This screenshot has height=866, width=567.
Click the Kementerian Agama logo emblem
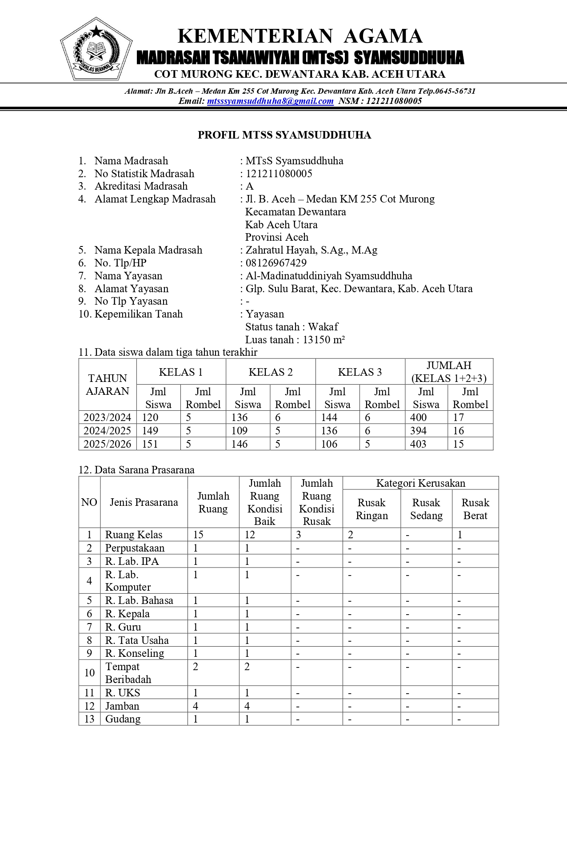point(96,49)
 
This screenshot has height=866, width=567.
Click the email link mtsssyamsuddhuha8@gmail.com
point(270,101)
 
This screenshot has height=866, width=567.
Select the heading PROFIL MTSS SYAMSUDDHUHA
point(284,135)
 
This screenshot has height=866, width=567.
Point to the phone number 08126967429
point(276,263)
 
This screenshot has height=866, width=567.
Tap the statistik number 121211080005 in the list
point(279,174)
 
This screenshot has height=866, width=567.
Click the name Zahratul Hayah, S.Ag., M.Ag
point(311,250)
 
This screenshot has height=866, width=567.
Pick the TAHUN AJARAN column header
point(108,385)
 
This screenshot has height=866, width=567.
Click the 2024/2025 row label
point(108,431)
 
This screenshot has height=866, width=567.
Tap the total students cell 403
point(419,444)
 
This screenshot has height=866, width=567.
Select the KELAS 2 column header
point(271,372)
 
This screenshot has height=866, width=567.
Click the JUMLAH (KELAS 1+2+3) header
point(449,372)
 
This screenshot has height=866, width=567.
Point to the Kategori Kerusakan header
point(420,483)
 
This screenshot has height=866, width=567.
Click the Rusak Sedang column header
point(426,509)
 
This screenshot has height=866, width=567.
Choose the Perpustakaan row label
point(135,548)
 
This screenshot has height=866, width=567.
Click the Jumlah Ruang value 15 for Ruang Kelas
point(198,535)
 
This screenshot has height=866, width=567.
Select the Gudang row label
point(123,719)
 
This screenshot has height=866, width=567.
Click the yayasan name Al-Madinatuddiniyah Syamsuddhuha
point(329,276)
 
